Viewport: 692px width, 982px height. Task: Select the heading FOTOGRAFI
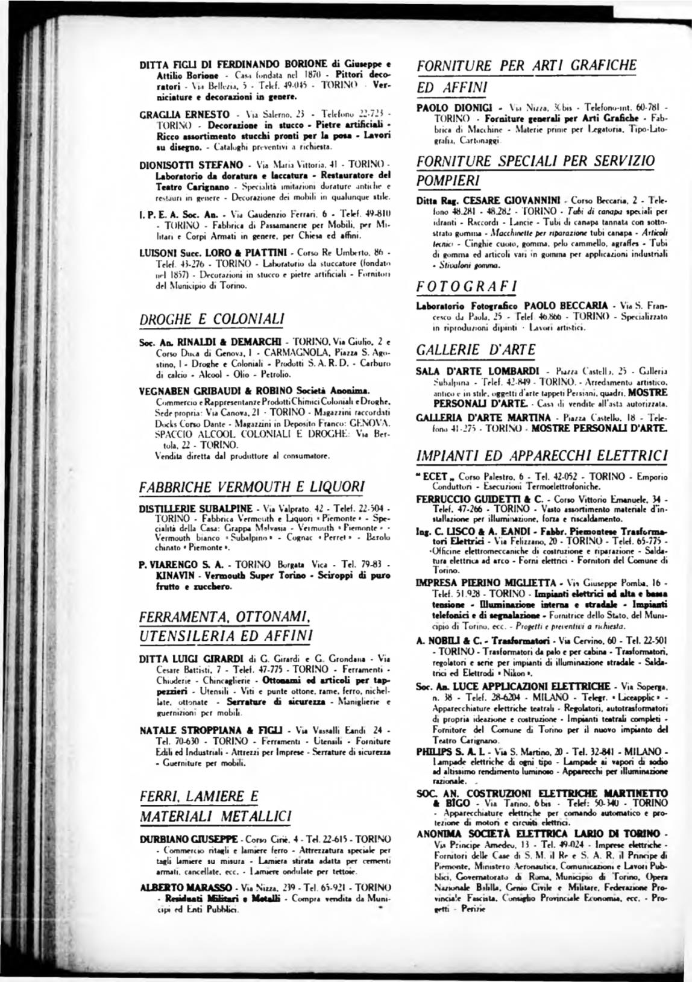click(461, 285)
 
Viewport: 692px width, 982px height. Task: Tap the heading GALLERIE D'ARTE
click(476, 349)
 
